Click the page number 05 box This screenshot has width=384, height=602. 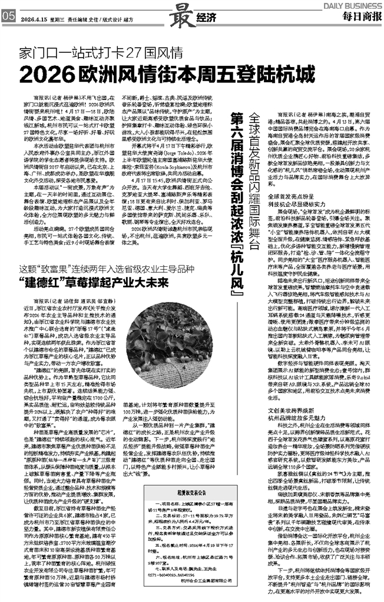tap(8, 17)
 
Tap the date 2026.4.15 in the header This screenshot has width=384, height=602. tap(32, 18)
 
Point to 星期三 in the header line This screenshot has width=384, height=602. tap(57, 18)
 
